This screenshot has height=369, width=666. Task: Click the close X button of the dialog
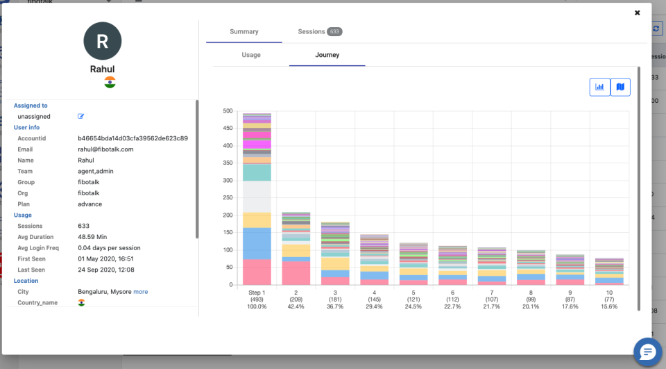tap(637, 13)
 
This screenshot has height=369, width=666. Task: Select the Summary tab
tap(244, 32)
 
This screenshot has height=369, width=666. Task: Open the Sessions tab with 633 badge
tap(320, 32)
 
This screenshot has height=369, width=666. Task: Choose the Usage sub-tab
tap(251, 55)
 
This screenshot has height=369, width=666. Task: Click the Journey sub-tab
tap(327, 55)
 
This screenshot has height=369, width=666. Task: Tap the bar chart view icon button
tap(599, 87)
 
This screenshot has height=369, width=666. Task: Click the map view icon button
tap(620, 87)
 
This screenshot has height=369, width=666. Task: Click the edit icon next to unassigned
tap(80, 117)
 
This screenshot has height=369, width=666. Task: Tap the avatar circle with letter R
tap(102, 41)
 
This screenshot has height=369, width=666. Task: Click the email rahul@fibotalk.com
tap(105, 149)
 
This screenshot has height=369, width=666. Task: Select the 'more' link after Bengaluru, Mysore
tap(141, 292)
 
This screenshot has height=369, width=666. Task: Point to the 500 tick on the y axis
tap(227, 111)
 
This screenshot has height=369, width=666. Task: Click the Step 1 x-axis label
tap(257, 293)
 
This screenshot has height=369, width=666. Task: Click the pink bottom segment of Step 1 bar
tap(257, 272)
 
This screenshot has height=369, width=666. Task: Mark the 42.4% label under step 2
tap(296, 306)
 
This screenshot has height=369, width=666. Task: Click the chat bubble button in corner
tap(647, 352)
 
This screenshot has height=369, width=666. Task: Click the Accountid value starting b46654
tap(133, 138)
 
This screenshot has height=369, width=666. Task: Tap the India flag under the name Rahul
tap(110, 82)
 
